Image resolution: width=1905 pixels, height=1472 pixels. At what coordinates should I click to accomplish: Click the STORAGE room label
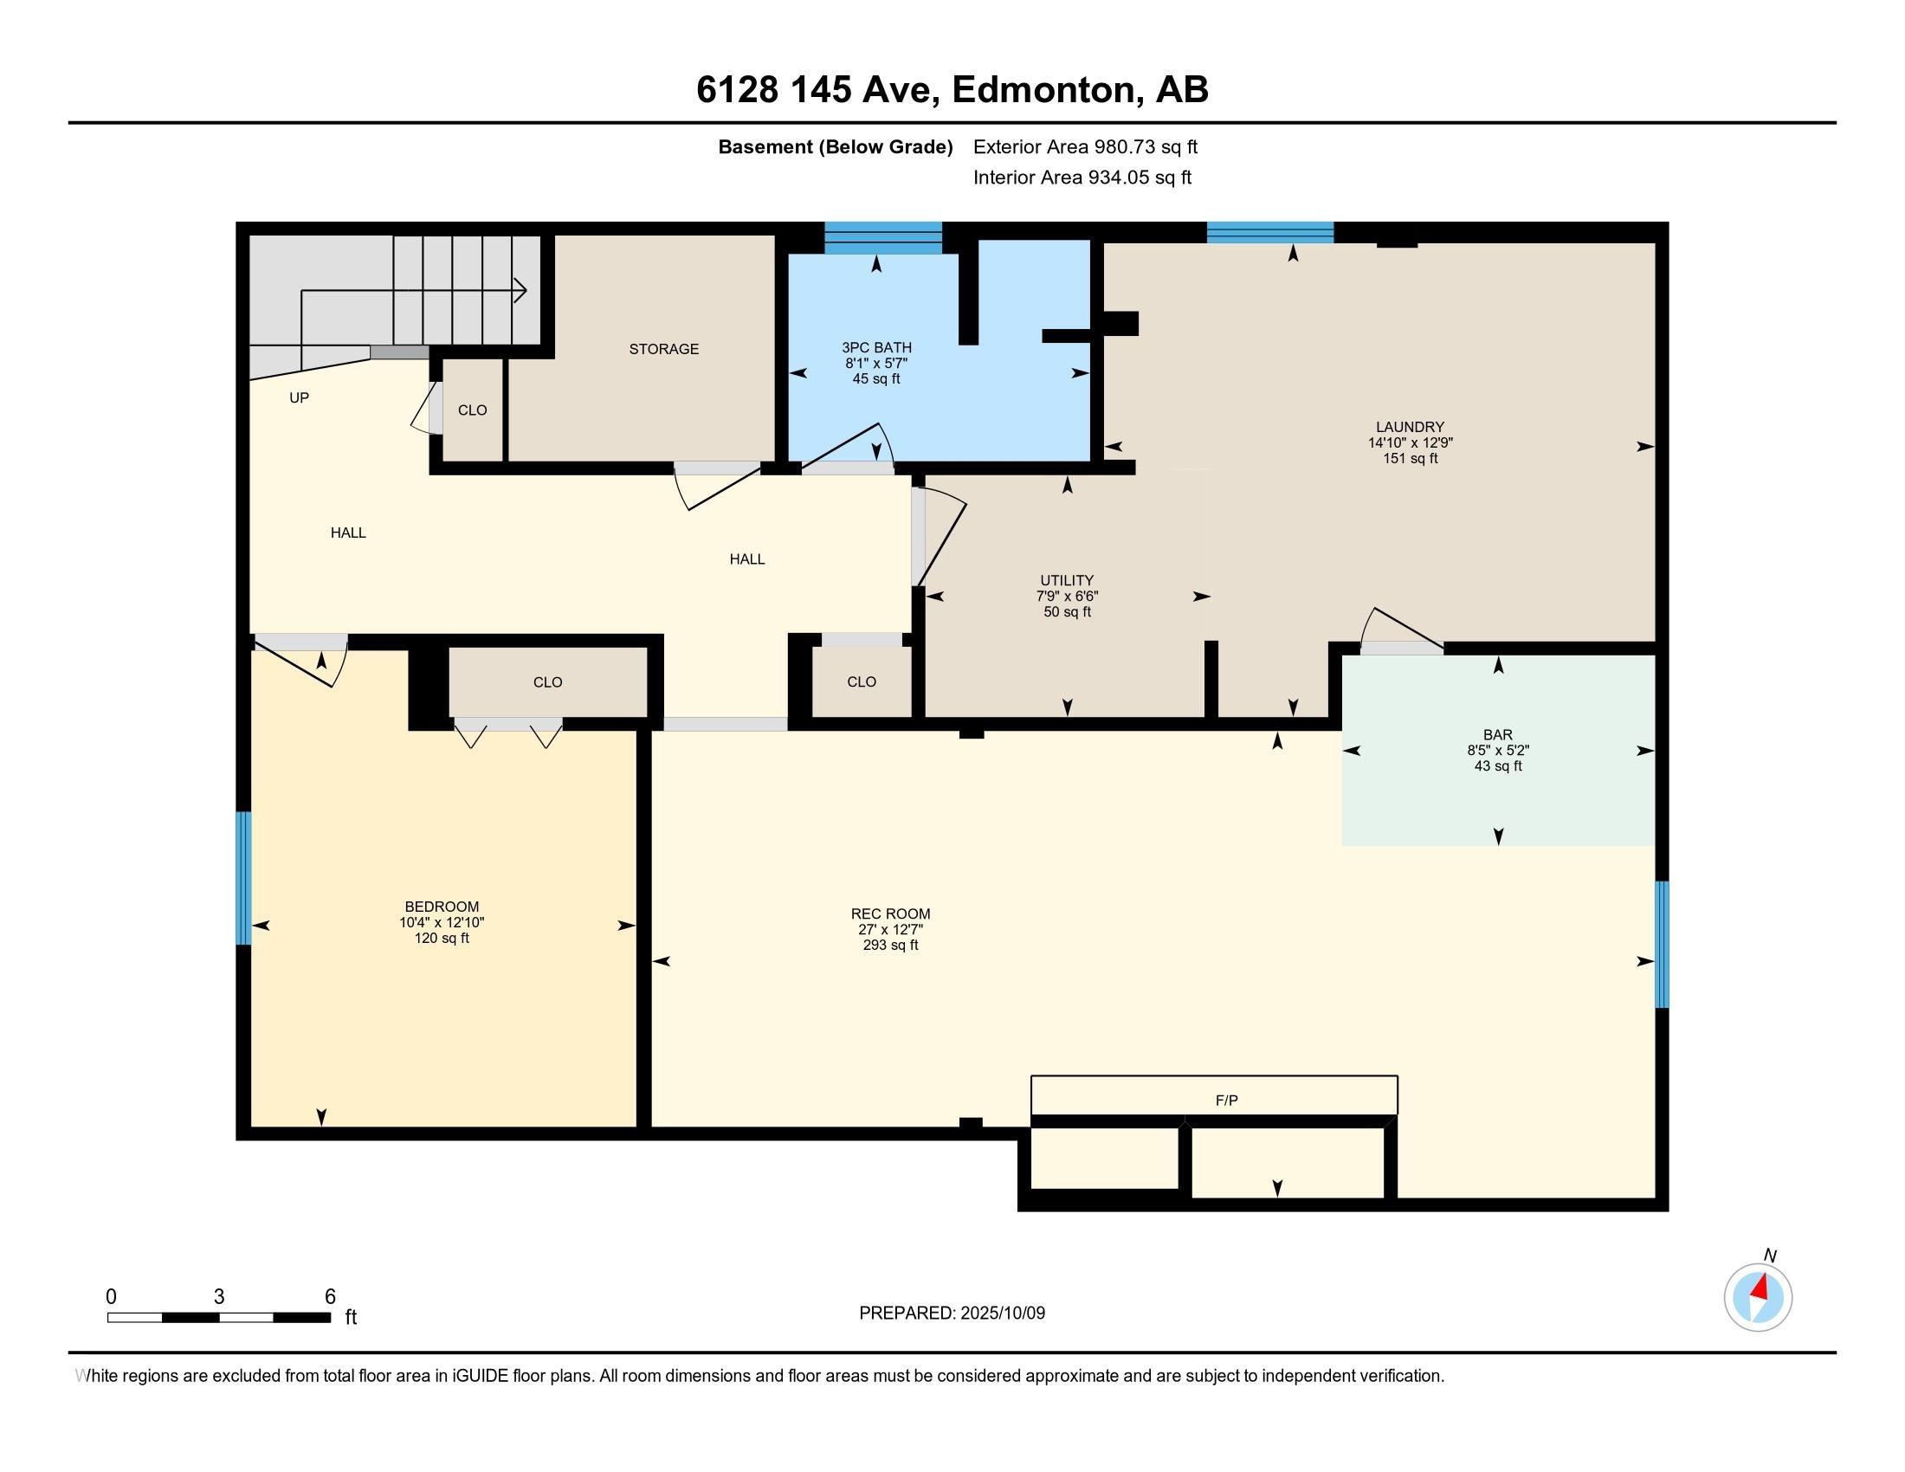[664, 349]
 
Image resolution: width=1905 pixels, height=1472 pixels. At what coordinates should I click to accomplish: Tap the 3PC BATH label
[876, 348]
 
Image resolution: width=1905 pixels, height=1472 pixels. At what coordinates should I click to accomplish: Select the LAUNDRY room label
[1411, 427]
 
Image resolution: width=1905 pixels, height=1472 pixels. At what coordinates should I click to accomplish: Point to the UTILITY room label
[1067, 581]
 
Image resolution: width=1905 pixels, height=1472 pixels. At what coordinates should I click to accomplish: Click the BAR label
[1498, 735]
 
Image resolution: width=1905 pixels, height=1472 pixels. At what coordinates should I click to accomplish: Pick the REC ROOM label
[890, 914]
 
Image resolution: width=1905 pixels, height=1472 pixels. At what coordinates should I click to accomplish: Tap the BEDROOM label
[442, 907]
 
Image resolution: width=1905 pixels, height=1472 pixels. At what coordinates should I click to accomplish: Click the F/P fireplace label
[1226, 1101]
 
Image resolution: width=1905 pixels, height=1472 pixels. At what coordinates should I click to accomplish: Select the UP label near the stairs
[300, 397]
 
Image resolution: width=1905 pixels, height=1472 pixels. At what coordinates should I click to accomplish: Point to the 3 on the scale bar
[219, 1297]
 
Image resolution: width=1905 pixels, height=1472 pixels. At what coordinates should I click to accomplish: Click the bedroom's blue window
[243, 878]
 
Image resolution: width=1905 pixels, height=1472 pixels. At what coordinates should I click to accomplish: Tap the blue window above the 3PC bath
[882, 238]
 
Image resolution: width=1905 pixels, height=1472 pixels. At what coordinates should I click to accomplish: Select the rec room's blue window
[1662, 945]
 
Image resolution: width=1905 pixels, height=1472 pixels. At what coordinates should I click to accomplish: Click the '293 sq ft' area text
[890, 946]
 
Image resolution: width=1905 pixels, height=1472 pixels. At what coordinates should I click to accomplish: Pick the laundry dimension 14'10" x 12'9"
[1411, 443]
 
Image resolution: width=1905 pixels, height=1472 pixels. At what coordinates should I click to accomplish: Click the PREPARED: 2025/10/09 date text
[952, 1314]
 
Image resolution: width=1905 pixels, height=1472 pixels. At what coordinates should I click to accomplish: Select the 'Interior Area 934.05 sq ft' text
[1082, 178]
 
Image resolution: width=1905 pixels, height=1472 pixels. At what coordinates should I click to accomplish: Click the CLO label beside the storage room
[473, 410]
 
